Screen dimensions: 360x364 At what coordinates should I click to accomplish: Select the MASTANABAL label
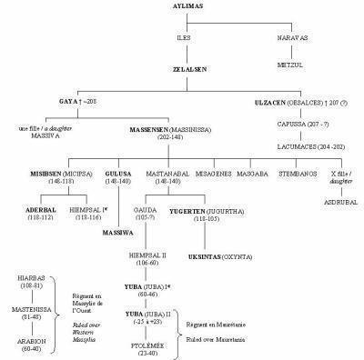[181, 172]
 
